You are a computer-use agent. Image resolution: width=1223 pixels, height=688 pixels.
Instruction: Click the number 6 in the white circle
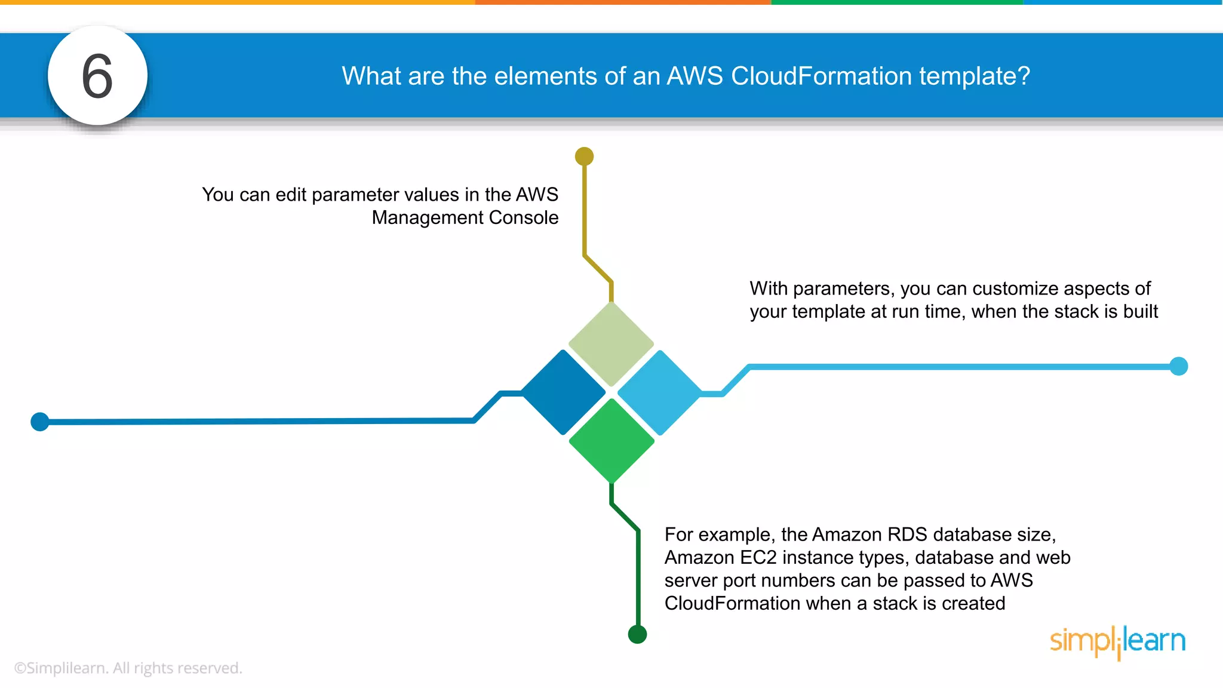pyautogui.click(x=97, y=76)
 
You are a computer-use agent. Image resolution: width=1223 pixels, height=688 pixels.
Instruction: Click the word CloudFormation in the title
pyautogui.click(x=821, y=76)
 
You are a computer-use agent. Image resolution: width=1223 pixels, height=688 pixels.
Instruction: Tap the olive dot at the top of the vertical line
pyautogui.click(x=584, y=156)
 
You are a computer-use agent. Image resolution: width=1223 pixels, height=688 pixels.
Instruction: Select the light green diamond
pyautogui.click(x=611, y=344)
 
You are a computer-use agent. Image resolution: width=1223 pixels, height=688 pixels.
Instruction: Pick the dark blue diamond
pyautogui.click(x=563, y=392)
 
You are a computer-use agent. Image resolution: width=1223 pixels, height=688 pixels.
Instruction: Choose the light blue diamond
pyautogui.click(x=659, y=392)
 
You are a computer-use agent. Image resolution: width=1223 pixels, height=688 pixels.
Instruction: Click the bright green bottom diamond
pyautogui.click(x=611, y=441)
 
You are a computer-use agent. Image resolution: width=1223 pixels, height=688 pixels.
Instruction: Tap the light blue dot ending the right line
pyautogui.click(x=1178, y=366)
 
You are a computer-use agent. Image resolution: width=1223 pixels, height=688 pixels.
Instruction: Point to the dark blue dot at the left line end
pyautogui.click(x=40, y=422)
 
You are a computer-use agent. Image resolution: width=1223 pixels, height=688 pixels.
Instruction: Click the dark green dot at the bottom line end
pyautogui.click(x=637, y=634)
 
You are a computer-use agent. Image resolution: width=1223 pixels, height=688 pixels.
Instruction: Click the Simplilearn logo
pyautogui.click(x=1117, y=641)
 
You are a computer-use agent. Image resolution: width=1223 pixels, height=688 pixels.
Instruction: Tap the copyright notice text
pyautogui.click(x=128, y=668)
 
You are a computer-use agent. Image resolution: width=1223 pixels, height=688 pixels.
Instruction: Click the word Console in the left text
pyautogui.click(x=523, y=217)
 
